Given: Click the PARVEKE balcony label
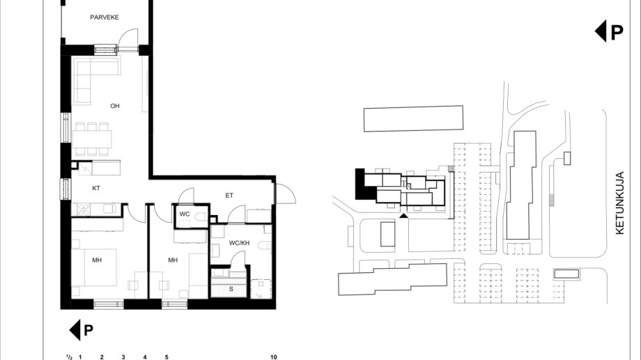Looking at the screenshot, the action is click(x=105, y=17).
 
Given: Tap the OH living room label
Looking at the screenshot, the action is click(x=115, y=106).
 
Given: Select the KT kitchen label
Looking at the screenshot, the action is click(x=96, y=189).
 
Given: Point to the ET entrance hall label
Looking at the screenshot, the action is click(x=229, y=196).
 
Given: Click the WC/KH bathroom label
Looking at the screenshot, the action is click(x=239, y=243).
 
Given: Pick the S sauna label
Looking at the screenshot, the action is click(x=231, y=289).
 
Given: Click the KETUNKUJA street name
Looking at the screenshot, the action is click(x=619, y=203).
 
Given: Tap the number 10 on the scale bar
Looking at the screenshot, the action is click(x=274, y=357).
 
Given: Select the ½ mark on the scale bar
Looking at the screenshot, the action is click(x=70, y=357).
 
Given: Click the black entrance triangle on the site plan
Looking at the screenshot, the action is click(x=403, y=215).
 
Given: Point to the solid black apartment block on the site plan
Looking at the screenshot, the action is click(x=364, y=185).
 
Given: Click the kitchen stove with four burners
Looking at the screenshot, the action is click(x=84, y=209).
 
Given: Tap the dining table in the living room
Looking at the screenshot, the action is click(x=92, y=139).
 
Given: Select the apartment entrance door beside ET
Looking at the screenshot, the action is click(x=286, y=194).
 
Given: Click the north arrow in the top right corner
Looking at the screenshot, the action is click(x=609, y=31).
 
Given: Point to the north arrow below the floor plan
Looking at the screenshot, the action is click(x=82, y=330).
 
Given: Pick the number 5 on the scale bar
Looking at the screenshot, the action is click(x=167, y=357).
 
